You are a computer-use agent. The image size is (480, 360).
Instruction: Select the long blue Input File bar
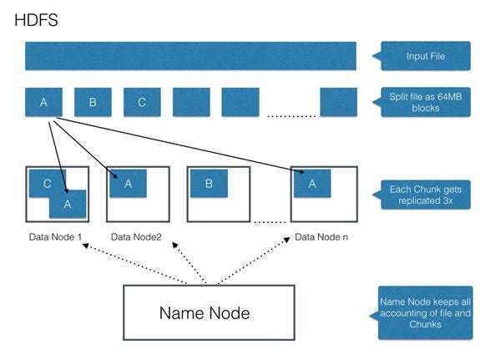point(190,56)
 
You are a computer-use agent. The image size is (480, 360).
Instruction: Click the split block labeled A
point(43,103)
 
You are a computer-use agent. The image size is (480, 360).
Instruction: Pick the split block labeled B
point(93,103)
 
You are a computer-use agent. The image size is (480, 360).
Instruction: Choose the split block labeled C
point(142,103)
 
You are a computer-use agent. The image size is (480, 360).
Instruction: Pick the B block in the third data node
point(209,184)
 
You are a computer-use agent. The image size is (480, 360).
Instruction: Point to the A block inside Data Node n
point(312,184)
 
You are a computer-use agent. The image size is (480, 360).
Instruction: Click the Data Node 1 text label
point(56,236)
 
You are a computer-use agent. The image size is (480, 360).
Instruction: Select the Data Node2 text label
point(138,236)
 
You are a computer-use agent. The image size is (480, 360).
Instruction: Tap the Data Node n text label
point(321,236)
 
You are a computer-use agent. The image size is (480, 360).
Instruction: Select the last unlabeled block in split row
point(338,103)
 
